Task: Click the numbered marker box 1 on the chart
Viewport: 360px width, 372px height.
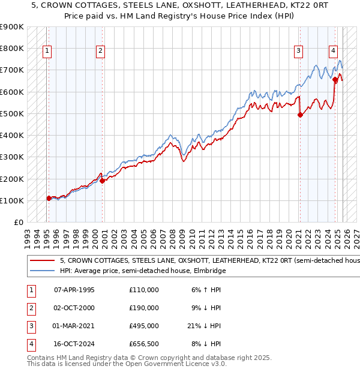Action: click(x=47, y=52)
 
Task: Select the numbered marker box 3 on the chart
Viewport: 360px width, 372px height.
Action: click(x=298, y=52)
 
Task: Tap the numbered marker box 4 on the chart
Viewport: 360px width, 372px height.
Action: click(x=333, y=52)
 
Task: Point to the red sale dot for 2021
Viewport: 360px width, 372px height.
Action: click(x=299, y=115)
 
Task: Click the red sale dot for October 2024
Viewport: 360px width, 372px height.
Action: click(x=335, y=79)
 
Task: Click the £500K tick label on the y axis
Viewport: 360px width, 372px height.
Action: click(x=12, y=113)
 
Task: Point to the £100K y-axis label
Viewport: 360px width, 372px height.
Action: click(x=12, y=200)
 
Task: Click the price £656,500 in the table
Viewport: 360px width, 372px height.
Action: click(x=144, y=344)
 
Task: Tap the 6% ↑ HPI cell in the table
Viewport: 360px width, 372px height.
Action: click(x=206, y=290)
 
